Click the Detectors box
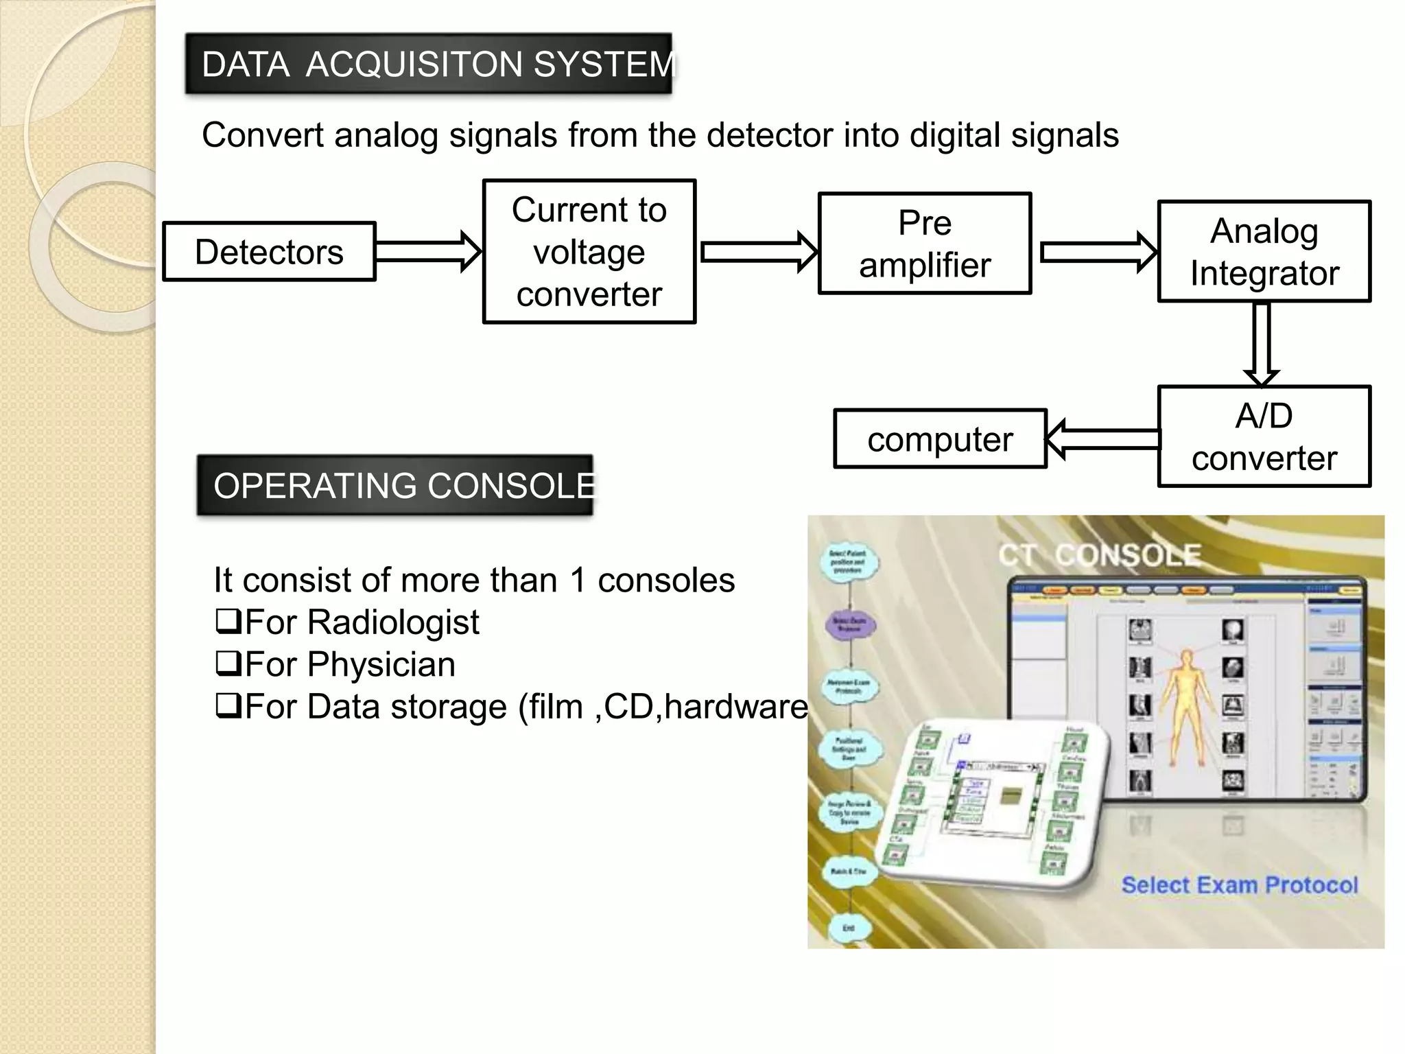tap(269, 252)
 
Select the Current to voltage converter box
tap(589, 252)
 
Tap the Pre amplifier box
tap(925, 244)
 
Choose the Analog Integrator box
tap(1264, 252)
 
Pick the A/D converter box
tap(1264, 436)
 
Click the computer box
tap(940, 439)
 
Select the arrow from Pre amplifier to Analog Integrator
tap(1098, 252)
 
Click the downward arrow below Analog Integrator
tap(1262, 343)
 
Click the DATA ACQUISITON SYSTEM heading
tap(429, 64)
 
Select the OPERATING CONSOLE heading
tap(395, 485)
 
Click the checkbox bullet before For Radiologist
tap(228, 621)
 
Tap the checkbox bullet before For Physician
tap(228, 664)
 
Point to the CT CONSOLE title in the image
tap(1099, 554)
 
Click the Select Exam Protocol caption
tap(1239, 885)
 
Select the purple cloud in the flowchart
tap(849, 624)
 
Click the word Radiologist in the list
tap(392, 622)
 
